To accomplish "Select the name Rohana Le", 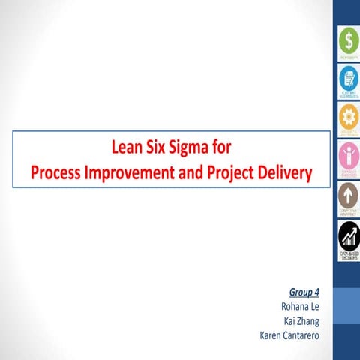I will pos(298,306).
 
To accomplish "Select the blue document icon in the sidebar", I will pos(348,77).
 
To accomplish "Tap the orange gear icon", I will pos(348,116).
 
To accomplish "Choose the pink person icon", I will pos(348,155).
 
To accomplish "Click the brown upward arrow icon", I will pos(348,195).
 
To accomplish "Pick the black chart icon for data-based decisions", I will pos(348,237).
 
